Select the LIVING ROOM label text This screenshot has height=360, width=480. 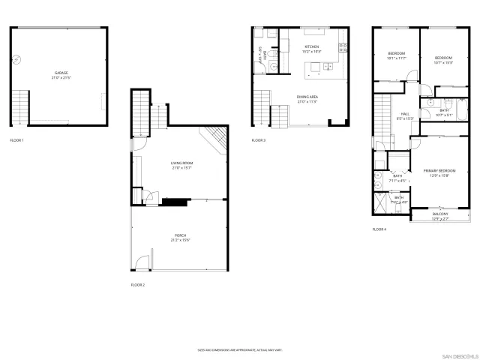[182, 163]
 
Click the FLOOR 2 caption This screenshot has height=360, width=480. [138, 285]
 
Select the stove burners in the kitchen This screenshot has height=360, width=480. [343, 47]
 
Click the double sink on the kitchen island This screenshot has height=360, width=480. [327, 68]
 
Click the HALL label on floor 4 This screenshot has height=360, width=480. [405, 115]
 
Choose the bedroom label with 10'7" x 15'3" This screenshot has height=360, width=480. [443, 59]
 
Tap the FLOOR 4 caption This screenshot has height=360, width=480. [379, 229]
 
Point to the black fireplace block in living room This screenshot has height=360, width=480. [174, 200]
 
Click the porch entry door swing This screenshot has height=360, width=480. [140, 263]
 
